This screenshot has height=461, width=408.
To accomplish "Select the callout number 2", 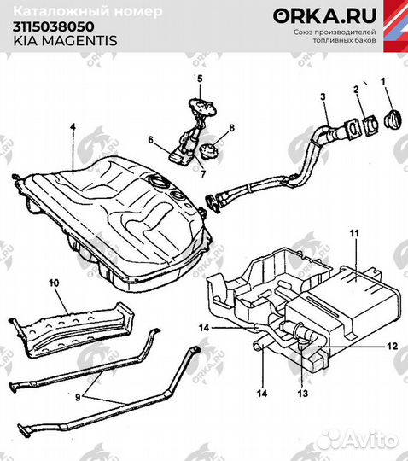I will pos(356,90).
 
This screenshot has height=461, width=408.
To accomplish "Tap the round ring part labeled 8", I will pos(207,154).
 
